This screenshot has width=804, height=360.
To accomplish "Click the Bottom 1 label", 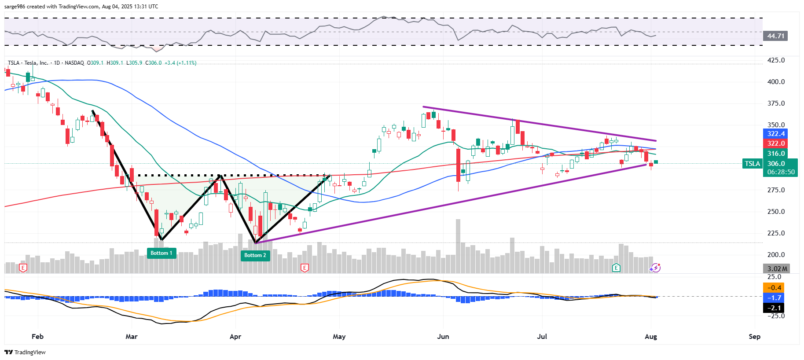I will [x=162, y=253].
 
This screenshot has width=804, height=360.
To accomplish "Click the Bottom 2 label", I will [x=255, y=255].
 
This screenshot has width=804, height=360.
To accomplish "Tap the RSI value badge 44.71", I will [x=776, y=36].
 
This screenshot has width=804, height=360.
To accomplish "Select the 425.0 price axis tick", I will [x=776, y=60].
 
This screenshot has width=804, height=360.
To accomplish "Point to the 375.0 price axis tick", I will [x=776, y=103].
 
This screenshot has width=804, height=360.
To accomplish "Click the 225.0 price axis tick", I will [x=776, y=233].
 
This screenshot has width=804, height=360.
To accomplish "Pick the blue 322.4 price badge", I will [x=776, y=134].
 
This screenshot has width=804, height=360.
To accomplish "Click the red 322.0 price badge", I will [x=776, y=143].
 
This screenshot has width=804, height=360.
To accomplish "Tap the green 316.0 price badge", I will [x=776, y=154].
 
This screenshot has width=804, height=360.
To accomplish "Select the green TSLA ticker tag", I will [x=752, y=164].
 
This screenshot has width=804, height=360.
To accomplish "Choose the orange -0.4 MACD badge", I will [x=774, y=288].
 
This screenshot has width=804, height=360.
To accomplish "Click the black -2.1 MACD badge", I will [x=774, y=308].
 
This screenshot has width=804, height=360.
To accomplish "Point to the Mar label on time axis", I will [x=132, y=337].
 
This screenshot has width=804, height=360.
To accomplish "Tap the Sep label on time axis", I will [x=754, y=337].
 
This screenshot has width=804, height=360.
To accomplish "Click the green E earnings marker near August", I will [x=616, y=268].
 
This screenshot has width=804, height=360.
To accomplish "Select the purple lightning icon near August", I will [x=655, y=268].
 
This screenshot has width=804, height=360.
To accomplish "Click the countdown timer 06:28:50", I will [x=781, y=172].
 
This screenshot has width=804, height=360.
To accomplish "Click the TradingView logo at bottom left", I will [x=25, y=352].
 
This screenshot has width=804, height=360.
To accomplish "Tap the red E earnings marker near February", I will [x=23, y=268].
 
